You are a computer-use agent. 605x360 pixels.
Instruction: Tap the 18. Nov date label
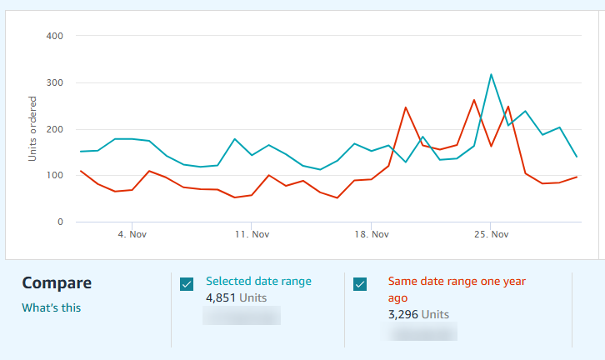coord(371,235)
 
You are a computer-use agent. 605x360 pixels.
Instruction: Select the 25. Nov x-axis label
coord(491,235)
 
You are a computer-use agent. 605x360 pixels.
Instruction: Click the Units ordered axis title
coord(32,129)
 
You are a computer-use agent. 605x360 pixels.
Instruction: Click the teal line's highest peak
coord(491,74)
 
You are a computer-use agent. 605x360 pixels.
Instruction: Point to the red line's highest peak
coord(474,100)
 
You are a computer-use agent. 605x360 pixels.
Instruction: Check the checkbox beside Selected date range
coord(187,284)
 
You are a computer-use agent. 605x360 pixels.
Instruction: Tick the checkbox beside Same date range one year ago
coord(360,284)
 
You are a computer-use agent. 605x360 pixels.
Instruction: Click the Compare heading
coord(57,283)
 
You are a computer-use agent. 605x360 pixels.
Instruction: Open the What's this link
coord(52,307)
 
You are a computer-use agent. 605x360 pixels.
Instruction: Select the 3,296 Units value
coord(418,314)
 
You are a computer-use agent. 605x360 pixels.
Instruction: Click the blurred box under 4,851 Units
coord(242,315)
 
